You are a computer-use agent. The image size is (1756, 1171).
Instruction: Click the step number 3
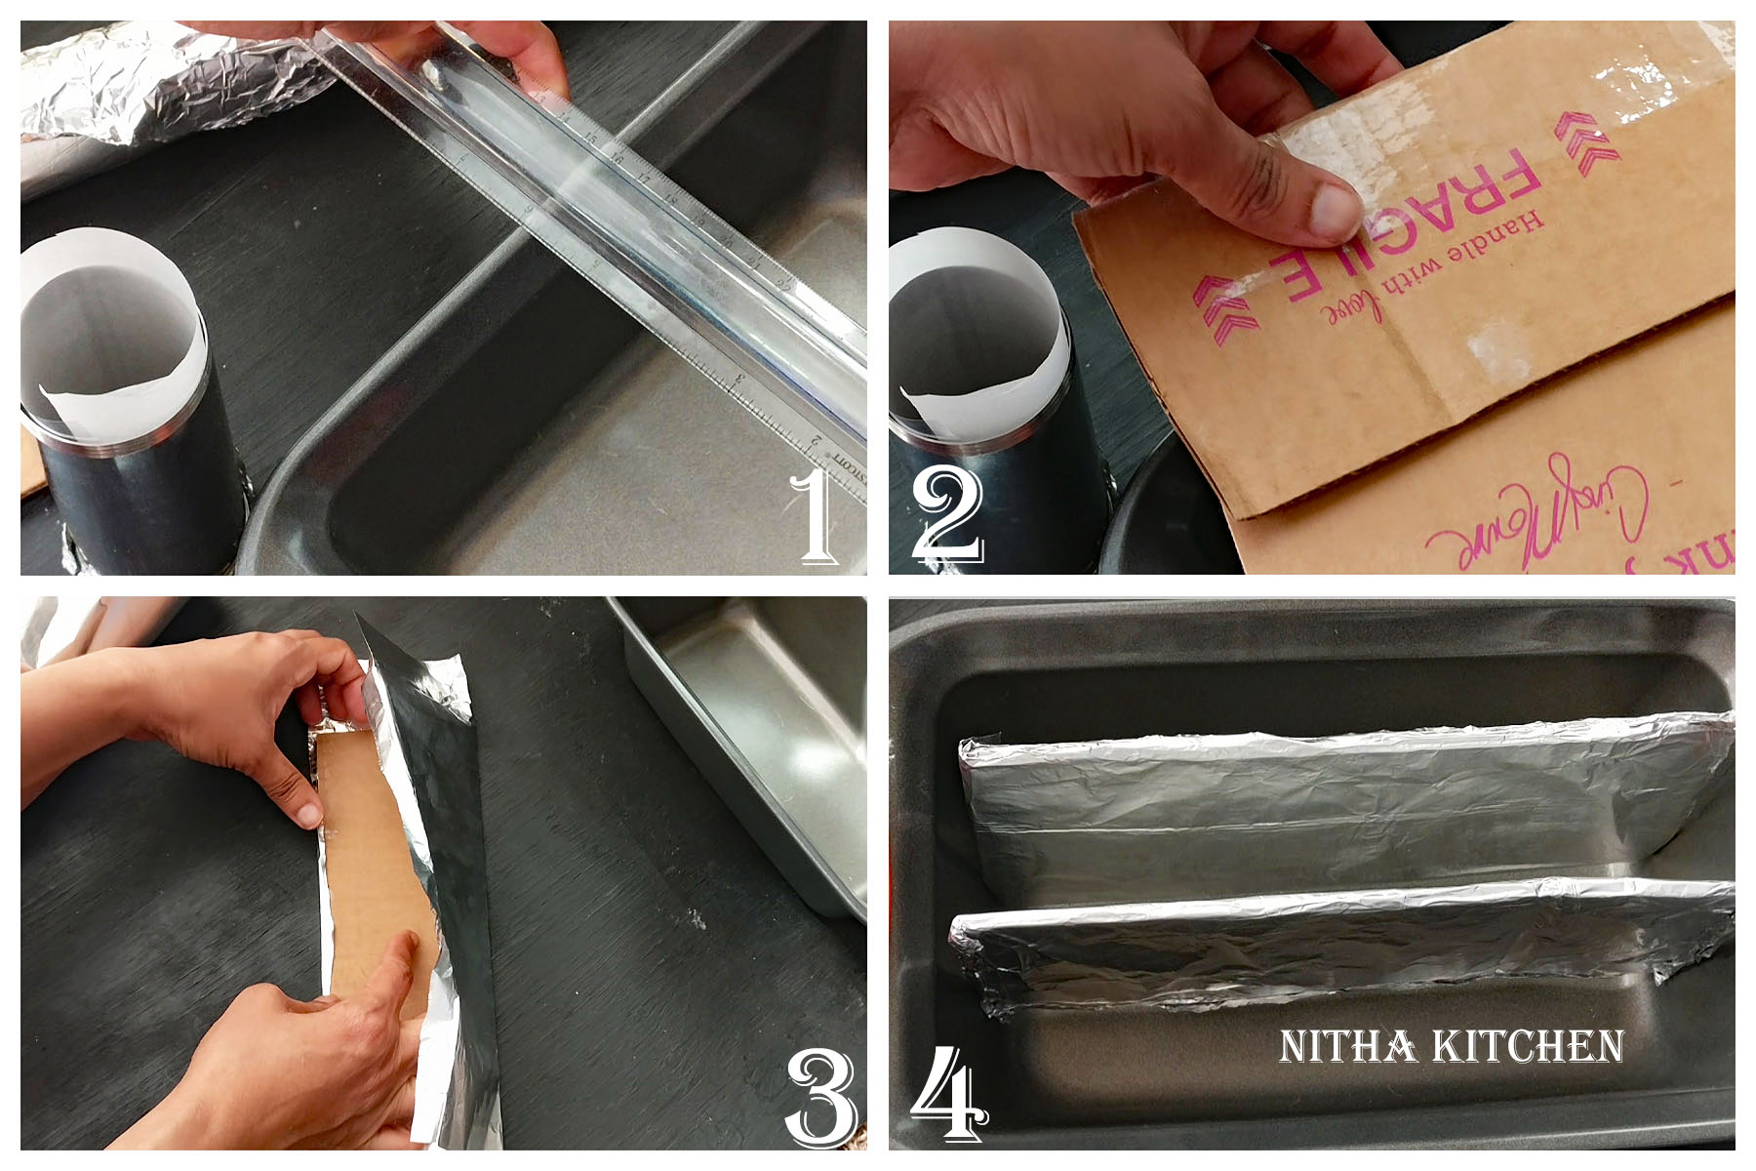(821, 1097)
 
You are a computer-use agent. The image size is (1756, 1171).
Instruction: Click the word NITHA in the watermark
(1347, 1047)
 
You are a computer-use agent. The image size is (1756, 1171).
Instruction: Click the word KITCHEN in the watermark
(1528, 1047)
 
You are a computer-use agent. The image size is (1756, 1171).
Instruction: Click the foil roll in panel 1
(166, 83)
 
